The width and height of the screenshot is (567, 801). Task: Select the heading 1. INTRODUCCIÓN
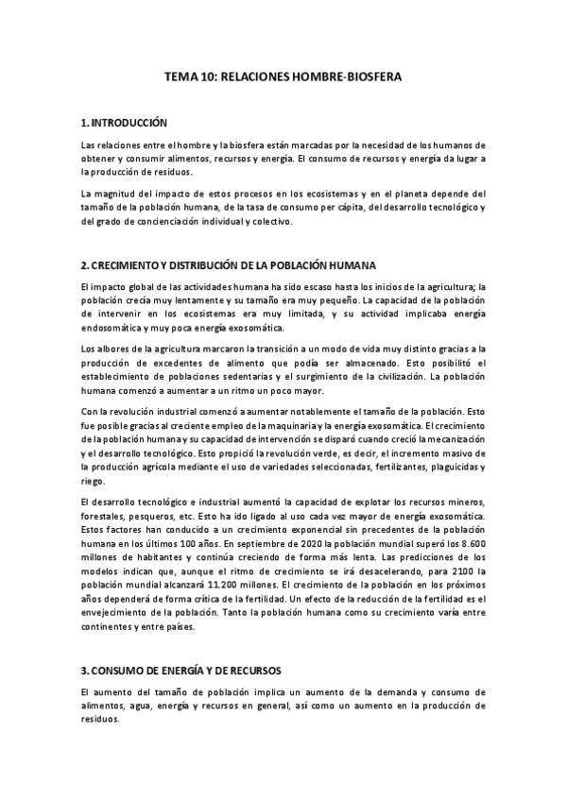coord(124,123)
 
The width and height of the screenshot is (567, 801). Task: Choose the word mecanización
coord(452,441)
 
